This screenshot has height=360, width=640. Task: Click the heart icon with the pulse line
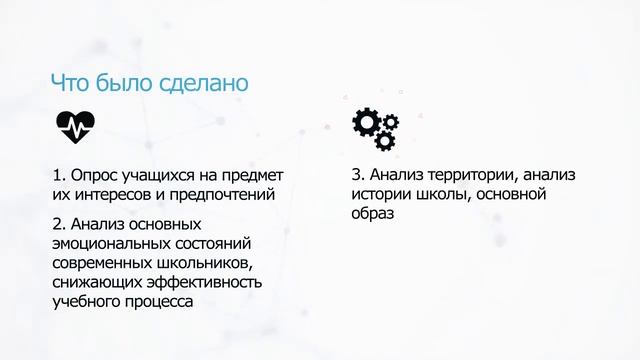(x=75, y=124)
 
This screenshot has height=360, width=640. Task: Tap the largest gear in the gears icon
(x=365, y=122)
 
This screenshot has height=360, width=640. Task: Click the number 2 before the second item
(x=56, y=223)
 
